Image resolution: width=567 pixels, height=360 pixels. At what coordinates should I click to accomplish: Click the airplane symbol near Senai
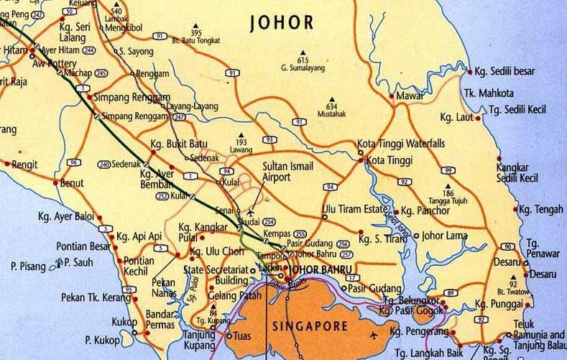pos(250,213)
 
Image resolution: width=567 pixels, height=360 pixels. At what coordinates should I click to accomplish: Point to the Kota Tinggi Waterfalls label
pos(401,144)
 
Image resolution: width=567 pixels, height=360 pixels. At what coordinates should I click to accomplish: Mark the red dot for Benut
pos(55,183)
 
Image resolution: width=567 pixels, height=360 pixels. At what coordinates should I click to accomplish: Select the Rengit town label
pos(24,164)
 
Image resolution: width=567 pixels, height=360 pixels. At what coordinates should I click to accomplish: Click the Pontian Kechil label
pos(139,266)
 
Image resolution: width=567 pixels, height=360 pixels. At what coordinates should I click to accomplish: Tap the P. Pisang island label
pos(28,266)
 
